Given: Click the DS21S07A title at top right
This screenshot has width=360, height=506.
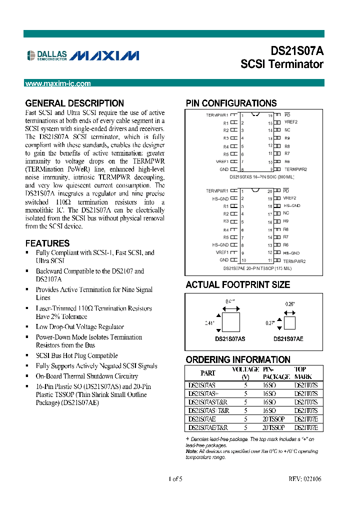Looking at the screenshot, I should click(297, 51).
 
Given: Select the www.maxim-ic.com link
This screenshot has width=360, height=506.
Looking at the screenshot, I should click(58, 83).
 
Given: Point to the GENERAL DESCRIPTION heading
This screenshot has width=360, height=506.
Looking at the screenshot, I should click(74, 103).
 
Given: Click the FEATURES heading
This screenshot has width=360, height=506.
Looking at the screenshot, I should click(47, 243).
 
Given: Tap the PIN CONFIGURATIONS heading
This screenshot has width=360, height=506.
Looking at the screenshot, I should click(231, 103).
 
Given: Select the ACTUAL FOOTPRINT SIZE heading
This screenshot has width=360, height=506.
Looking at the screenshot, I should click(237, 284).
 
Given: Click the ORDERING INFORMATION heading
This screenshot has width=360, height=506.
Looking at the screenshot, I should click(237, 359).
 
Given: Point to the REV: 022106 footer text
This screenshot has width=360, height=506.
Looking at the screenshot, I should click(304, 479).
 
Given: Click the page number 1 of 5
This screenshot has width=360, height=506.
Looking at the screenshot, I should click(175, 479).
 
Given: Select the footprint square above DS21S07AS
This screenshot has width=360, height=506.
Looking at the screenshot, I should click(230, 323).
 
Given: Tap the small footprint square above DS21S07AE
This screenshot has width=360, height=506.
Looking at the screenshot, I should click(289, 323).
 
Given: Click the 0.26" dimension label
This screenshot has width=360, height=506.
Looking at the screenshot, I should click(290, 304).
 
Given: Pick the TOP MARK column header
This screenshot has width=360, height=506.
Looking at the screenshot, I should click(303, 373).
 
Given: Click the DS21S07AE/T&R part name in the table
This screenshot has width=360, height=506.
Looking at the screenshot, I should click(208, 427).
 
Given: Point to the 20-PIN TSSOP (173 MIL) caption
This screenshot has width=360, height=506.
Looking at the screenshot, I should click(257, 268).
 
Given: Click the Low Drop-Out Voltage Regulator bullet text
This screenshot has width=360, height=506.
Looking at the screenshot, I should click(79, 327).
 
